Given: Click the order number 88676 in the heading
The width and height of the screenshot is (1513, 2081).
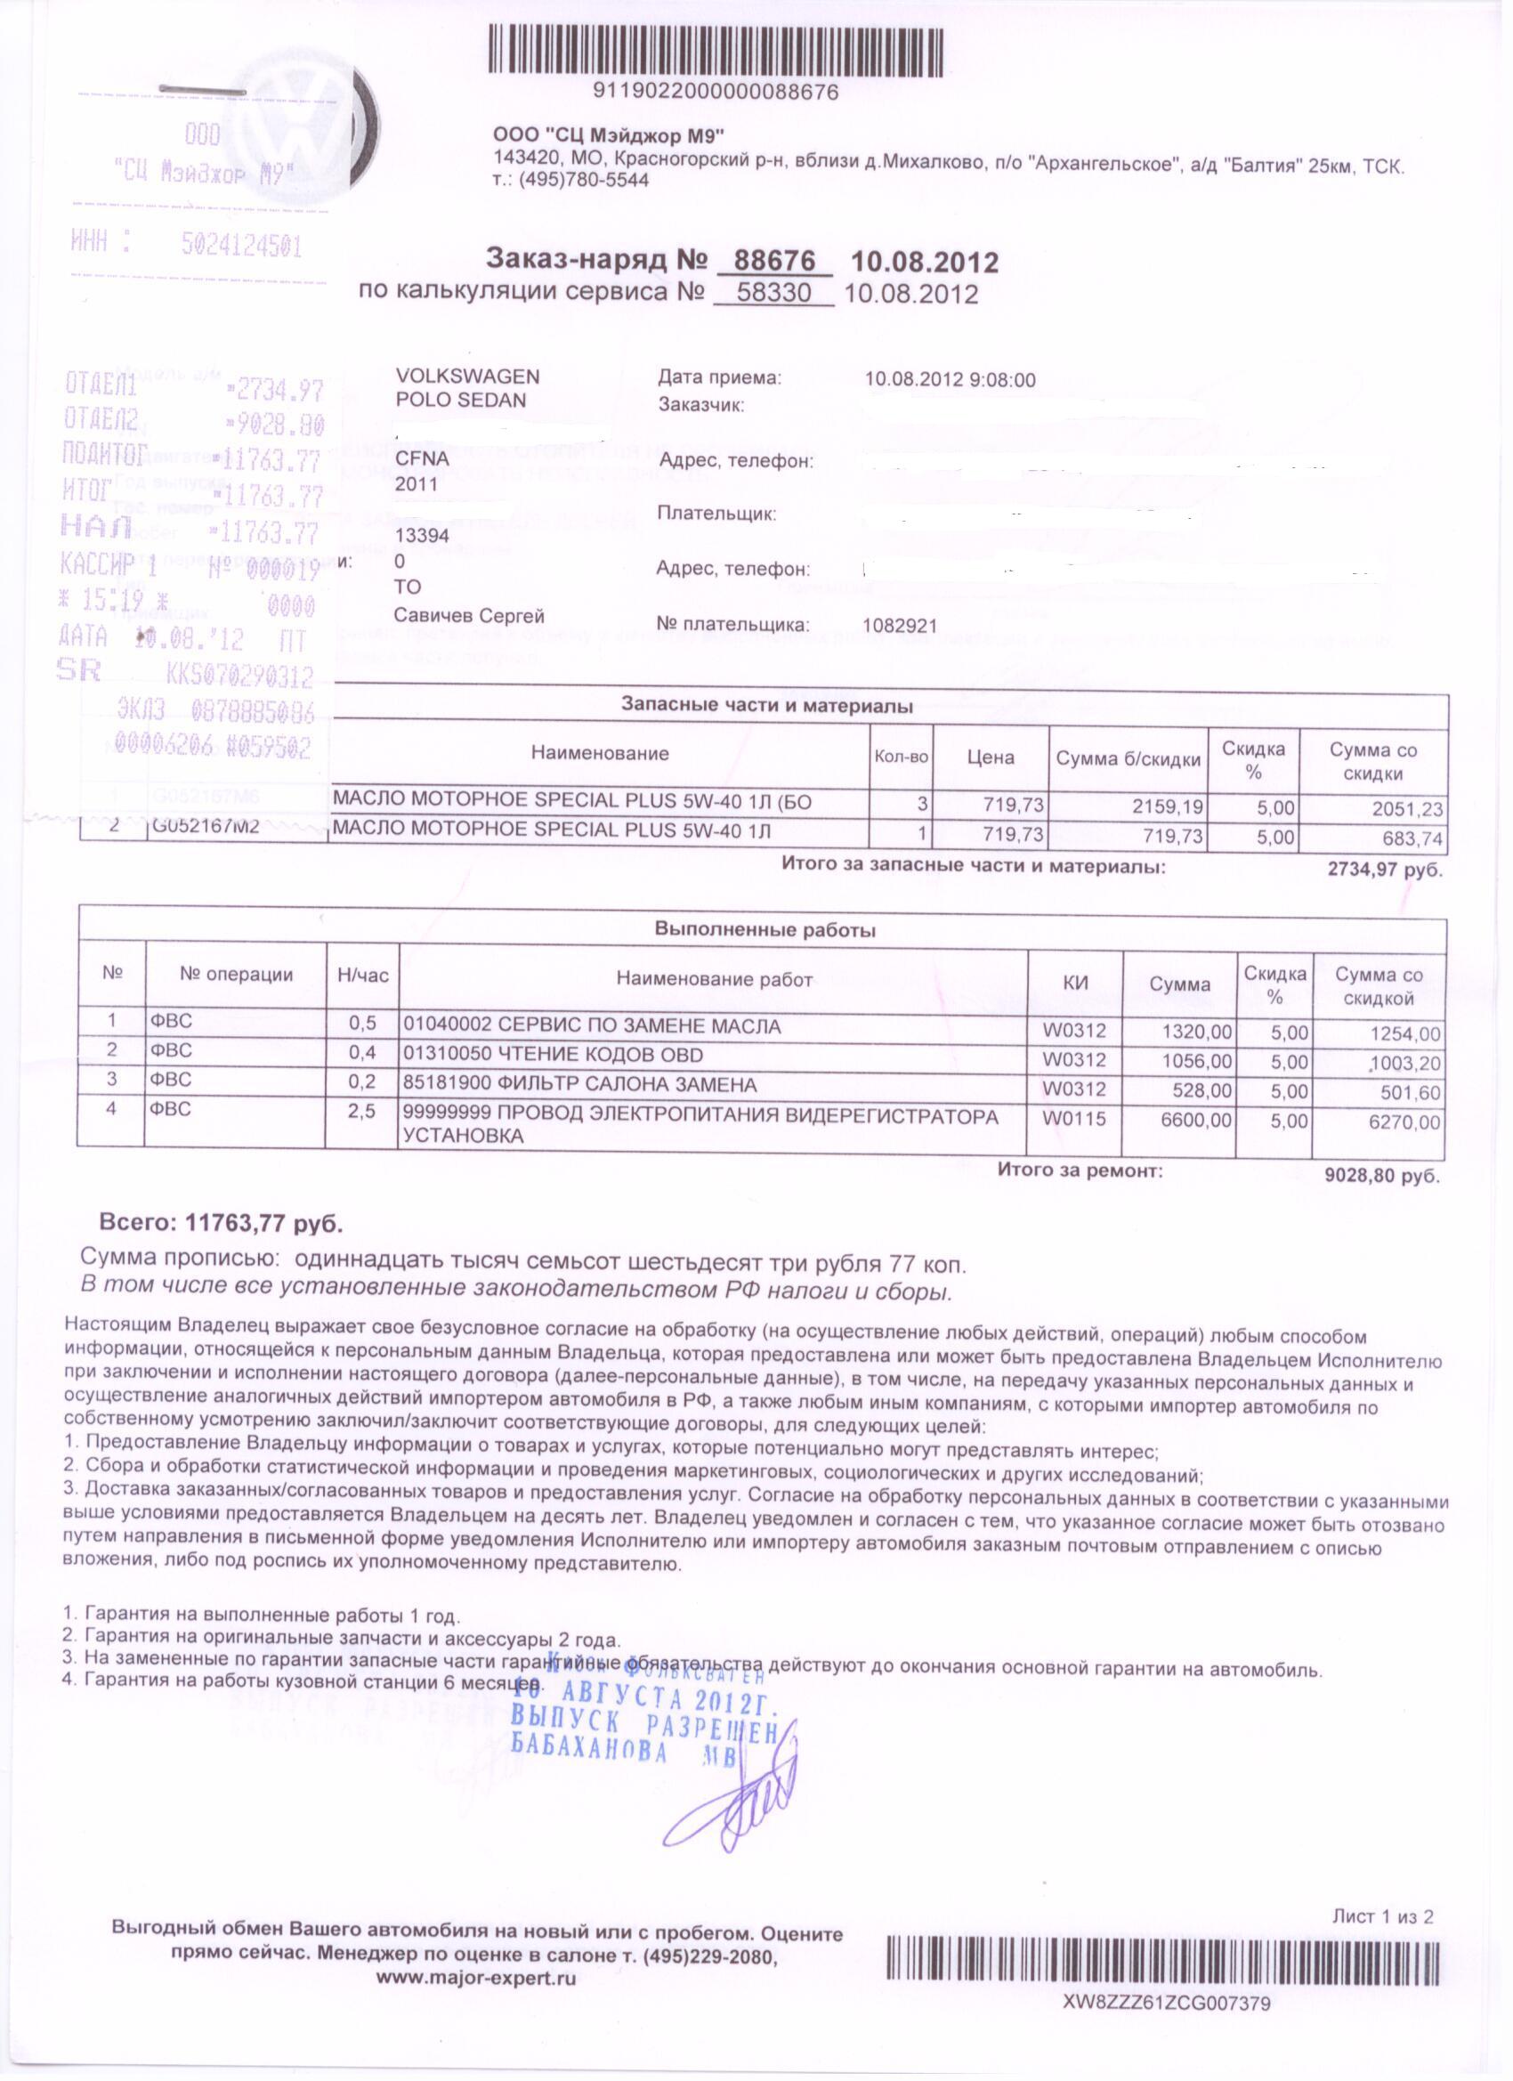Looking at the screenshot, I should click(x=775, y=262).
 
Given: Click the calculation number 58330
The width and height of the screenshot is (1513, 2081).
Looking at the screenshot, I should click(x=773, y=294).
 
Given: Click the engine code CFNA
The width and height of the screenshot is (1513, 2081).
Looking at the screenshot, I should click(x=423, y=459).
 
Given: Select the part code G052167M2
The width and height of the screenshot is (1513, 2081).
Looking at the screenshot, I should click(x=206, y=827).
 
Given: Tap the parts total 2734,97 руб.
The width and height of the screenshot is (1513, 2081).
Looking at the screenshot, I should click(x=1385, y=870).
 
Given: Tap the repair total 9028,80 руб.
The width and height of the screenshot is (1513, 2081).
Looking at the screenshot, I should click(x=1382, y=1176).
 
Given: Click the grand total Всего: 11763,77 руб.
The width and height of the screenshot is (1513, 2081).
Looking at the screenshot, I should click(x=221, y=1223).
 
